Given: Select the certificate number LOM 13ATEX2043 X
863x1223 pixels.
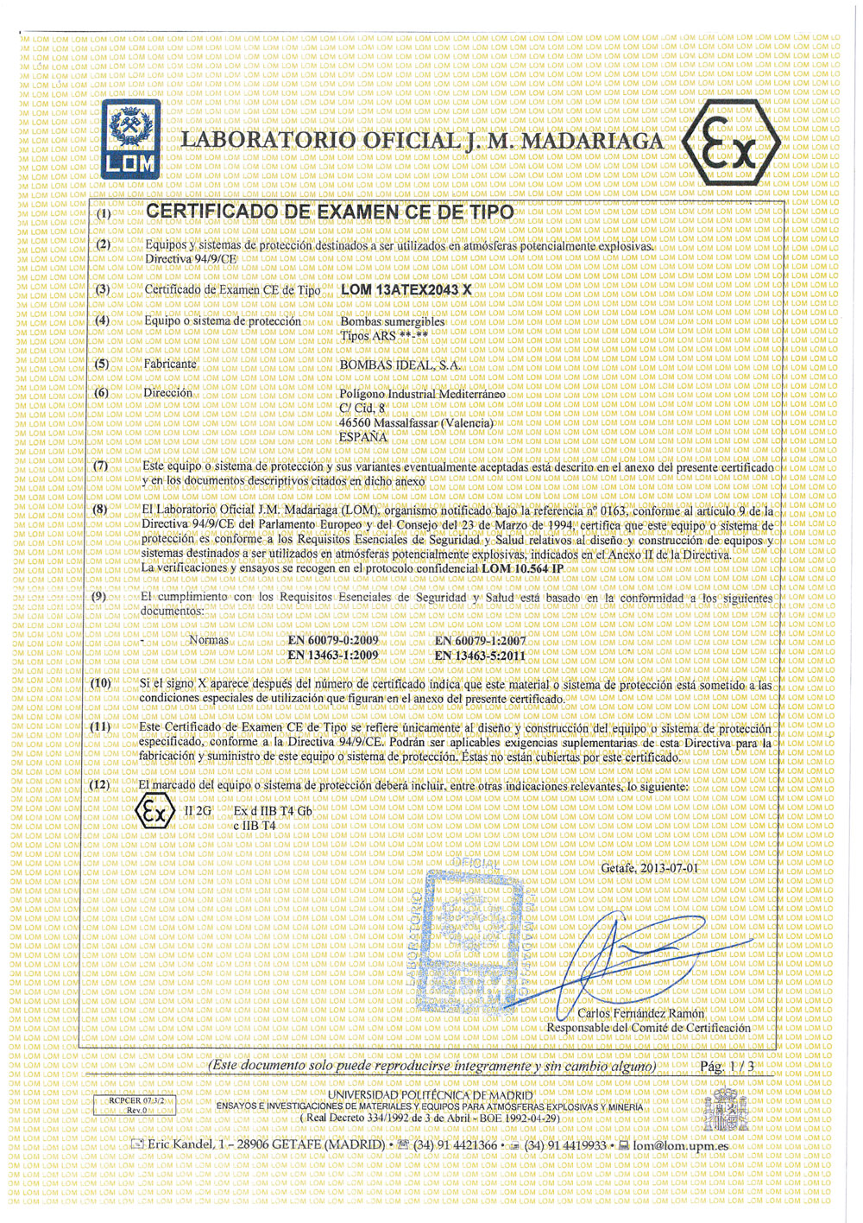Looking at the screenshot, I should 406,289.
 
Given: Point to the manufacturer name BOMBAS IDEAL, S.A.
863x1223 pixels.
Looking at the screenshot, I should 400,364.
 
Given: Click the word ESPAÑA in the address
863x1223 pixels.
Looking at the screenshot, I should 363,437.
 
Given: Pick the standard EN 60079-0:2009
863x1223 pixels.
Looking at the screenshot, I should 333,641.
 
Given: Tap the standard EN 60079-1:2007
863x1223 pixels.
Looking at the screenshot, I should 480,641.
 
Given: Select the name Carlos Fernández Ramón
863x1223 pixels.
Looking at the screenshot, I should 640,1013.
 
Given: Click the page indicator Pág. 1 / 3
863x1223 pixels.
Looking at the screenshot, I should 727,1067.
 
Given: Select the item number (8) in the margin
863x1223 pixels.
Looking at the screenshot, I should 101,509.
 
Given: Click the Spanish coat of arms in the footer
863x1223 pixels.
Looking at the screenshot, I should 720,1111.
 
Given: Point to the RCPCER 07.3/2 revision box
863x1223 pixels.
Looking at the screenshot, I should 134,1106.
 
